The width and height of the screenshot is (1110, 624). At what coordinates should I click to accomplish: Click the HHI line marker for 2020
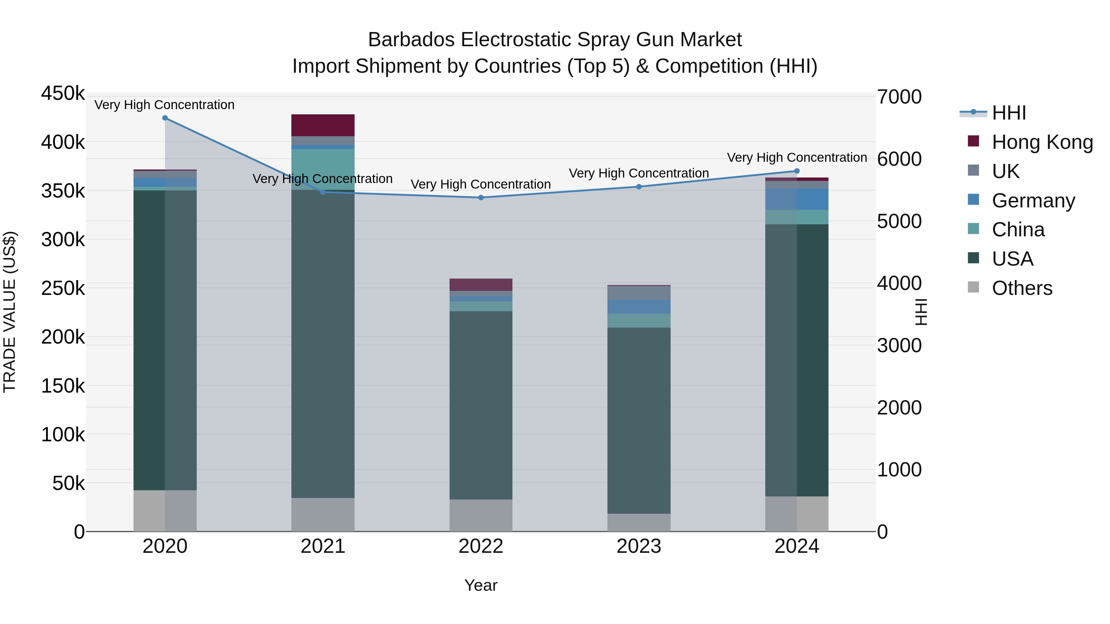click(x=165, y=118)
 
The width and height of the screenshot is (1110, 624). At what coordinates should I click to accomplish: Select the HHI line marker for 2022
click(x=481, y=198)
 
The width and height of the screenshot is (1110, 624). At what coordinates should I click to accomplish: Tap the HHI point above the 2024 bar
click(x=797, y=171)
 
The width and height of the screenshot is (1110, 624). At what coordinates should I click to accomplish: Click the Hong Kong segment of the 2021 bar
click(x=323, y=125)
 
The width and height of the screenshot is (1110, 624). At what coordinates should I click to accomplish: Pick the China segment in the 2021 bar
click(x=323, y=169)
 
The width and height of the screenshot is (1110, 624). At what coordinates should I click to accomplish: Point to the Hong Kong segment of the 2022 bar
click(x=481, y=285)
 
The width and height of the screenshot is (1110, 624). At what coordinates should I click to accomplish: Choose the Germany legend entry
click(x=1033, y=201)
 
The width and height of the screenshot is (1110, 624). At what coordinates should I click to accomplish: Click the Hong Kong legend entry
click(x=1042, y=142)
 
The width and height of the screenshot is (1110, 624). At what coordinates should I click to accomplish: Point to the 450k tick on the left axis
click(x=63, y=93)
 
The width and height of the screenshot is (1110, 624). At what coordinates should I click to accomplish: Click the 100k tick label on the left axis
click(x=63, y=434)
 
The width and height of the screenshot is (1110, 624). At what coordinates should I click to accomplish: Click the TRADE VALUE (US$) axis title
click(x=10, y=312)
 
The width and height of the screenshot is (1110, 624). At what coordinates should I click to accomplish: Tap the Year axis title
click(x=481, y=585)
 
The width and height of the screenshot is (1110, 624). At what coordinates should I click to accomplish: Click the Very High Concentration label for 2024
click(x=797, y=157)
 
